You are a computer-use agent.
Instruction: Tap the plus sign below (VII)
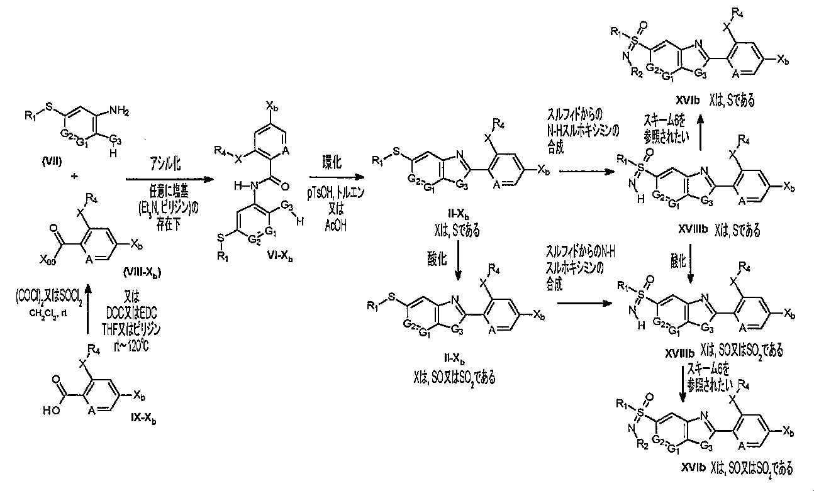click(x=75, y=177)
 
